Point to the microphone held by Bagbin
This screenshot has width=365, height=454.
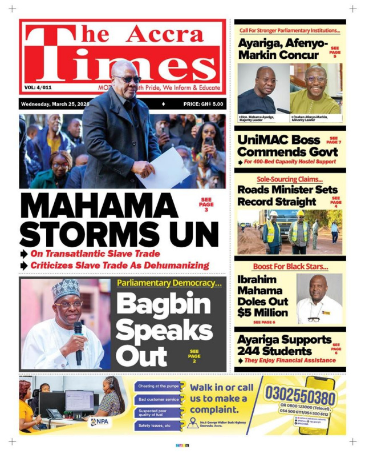click(x=78, y=338)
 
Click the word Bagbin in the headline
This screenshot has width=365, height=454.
click(x=160, y=306)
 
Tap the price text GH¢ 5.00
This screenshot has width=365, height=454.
click(x=203, y=105)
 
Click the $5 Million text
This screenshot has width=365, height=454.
click(x=263, y=312)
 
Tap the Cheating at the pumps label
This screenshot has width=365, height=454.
click(x=158, y=386)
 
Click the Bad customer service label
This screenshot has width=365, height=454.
click(x=159, y=399)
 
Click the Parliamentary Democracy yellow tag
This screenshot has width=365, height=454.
click(x=169, y=283)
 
